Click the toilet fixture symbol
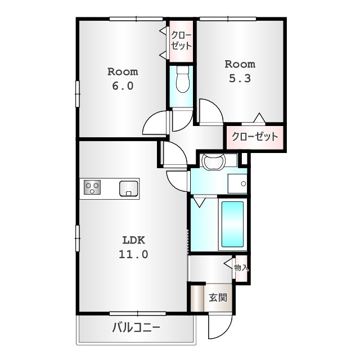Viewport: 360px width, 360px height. (183, 79)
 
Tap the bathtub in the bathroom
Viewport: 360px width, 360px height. (232, 224)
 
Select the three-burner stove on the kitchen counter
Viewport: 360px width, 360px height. (92, 187)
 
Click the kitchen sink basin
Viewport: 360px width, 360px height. (129, 189)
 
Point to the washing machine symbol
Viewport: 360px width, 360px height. (213, 161)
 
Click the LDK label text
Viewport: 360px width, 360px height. (134, 240)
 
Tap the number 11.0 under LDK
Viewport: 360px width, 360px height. (133, 254)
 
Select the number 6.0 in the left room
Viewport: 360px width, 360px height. (123, 86)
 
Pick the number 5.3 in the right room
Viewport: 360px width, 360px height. (240, 78)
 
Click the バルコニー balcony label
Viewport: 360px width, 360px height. (136, 327)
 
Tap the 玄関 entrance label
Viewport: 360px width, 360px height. (218, 298)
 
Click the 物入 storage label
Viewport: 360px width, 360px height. (241, 268)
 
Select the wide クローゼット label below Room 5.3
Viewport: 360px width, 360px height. (255, 137)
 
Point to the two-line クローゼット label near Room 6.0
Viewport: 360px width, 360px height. (181, 41)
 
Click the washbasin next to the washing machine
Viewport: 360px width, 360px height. (237, 183)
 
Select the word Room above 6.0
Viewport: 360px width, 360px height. (123, 72)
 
